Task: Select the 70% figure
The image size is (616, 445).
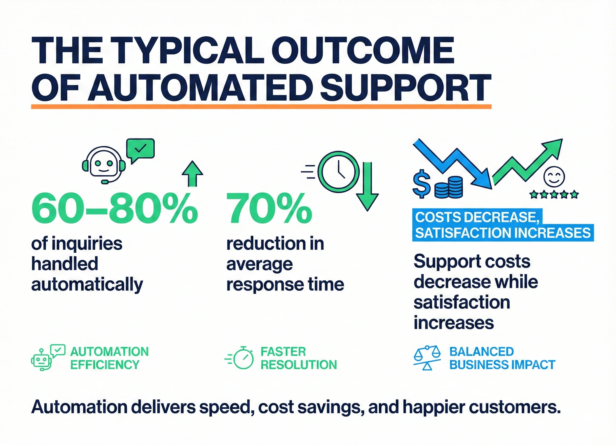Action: pos(269,208)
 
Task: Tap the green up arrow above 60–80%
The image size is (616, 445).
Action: pos(192,173)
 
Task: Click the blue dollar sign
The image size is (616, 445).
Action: pos(421,184)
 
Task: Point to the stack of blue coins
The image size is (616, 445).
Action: pos(448,187)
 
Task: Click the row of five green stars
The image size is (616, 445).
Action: pos(554,195)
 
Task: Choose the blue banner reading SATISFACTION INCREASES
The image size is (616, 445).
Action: pos(503,233)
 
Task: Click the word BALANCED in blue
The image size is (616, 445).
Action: pos(482,352)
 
